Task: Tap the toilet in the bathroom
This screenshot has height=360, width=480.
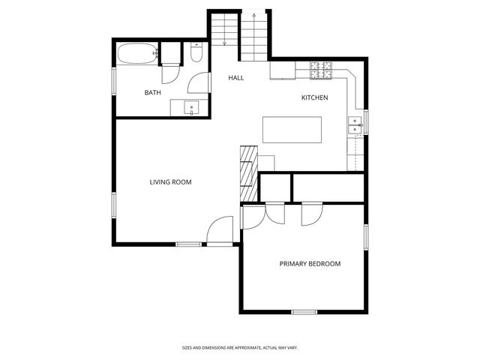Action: click(x=196, y=54)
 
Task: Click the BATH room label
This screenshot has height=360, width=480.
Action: click(x=152, y=93)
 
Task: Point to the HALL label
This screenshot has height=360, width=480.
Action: click(x=236, y=78)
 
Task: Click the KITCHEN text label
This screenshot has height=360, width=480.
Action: click(x=314, y=98)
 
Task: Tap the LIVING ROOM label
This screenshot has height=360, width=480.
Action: click(x=170, y=182)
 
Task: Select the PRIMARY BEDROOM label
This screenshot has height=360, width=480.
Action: click(x=310, y=264)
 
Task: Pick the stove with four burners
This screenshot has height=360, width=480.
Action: click(x=321, y=70)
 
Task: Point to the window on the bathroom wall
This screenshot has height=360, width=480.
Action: click(x=114, y=81)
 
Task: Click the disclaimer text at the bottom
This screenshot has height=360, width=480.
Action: click(x=240, y=348)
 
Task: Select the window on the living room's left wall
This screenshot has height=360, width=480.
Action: click(x=114, y=205)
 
